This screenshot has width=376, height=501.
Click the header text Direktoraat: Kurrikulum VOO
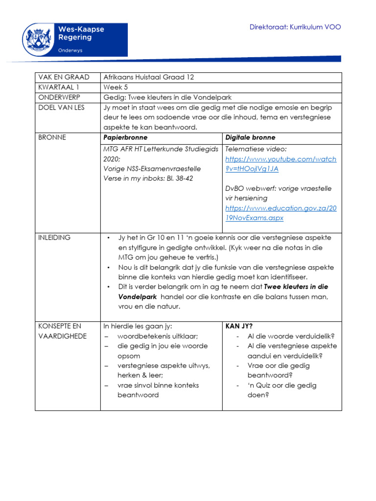pos(295,27)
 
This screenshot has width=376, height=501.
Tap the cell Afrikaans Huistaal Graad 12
pos(149,77)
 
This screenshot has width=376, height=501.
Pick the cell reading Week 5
pos(117,87)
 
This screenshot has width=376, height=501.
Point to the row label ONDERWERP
pos(59,97)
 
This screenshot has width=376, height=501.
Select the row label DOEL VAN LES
pos(61,108)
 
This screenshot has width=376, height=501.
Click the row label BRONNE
pos(51,137)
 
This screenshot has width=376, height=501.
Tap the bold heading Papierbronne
pos(125,137)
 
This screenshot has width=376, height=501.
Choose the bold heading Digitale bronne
pos(250,137)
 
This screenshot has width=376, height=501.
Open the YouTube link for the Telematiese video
pos(281,164)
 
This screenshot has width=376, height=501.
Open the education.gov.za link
pos(281,213)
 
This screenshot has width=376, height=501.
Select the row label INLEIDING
pos(54,237)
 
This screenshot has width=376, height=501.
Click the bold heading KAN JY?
pos(239,326)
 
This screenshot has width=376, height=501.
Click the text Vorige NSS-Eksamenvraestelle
pos(152,169)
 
